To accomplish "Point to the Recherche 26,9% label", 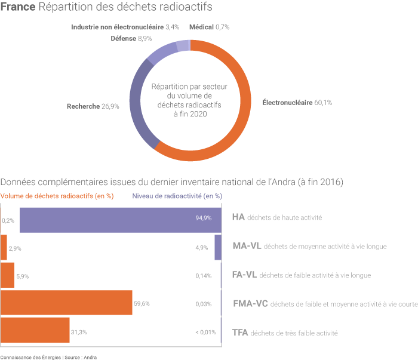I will pyautogui.click(x=93, y=106).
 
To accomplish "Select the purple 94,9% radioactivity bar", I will pyautogui.click(x=119, y=218).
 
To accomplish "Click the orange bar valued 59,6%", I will pyautogui.click(x=66, y=303).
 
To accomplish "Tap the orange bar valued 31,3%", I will pyautogui.click(x=35, y=331).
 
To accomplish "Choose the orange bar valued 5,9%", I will pyautogui.click(x=7, y=275).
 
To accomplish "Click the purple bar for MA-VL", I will pyautogui.click(x=218, y=247).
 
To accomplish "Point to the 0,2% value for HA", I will pyautogui.click(x=8, y=220).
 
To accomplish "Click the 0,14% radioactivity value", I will pyautogui.click(x=204, y=276).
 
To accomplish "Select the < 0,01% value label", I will pyautogui.click(x=205, y=332).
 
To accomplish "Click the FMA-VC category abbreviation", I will pyautogui.click(x=250, y=303).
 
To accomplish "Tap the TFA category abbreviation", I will pyautogui.click(x=239, y=332).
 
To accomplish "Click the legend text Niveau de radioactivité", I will pyautogui.click(x=177, y=195).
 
